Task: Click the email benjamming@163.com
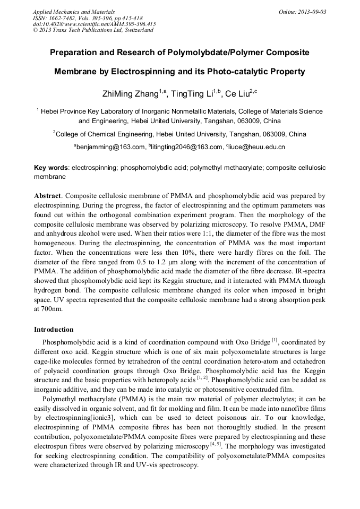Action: tap(110, 147)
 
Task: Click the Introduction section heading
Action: tap(54, 330)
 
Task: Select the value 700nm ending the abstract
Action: tap(51, 309)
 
